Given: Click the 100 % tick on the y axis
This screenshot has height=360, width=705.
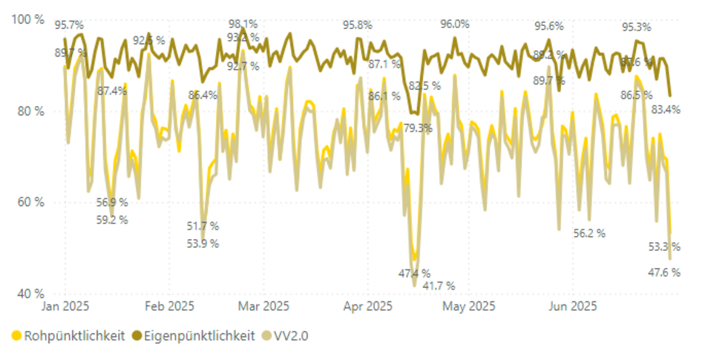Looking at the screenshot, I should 29,19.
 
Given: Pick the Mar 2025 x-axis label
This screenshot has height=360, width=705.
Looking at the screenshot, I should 265,306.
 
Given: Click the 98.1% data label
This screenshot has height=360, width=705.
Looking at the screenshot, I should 243,23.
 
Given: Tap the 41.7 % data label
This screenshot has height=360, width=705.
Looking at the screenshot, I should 439,286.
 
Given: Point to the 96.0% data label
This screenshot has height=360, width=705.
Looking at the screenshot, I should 455,24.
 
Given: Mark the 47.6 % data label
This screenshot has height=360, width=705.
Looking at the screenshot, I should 665,272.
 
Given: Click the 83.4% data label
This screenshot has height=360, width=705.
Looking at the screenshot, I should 665,110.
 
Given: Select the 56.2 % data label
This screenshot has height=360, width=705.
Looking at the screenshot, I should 589,233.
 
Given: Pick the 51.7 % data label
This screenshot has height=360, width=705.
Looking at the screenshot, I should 203,226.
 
